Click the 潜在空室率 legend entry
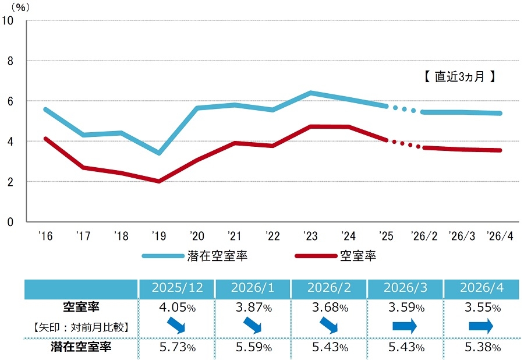click(195, 256)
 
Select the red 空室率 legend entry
click(336, 256)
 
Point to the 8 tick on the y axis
click(10, 61)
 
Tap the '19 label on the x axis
click(159, 236)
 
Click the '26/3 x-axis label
click(462, 236)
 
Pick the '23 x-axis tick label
click(310, 236)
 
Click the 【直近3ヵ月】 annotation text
click(459, 76)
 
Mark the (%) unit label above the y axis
click(20, 8)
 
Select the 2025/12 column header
click(177, 288)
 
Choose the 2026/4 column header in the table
click(481, 288)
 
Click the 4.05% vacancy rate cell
click(177, 307)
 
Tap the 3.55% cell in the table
click(482, 307)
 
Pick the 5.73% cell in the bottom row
click(177, 347)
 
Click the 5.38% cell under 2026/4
click(482, 347)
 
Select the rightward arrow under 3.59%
click(405, 326)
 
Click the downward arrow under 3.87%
click(253, 325)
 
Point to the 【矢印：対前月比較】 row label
click(81, 327)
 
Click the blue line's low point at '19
click(159, 153)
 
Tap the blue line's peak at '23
click(310, 93)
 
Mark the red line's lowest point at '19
click(159, 181)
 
